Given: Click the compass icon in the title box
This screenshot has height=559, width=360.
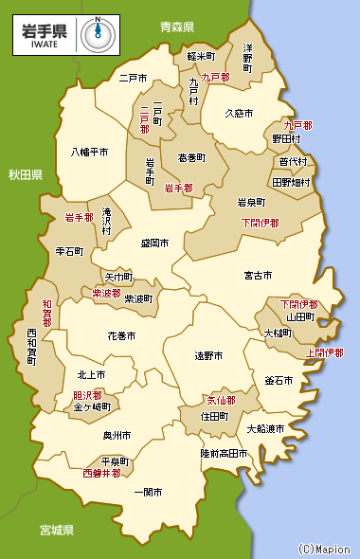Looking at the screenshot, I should pyautogui.click(x=94, y=34).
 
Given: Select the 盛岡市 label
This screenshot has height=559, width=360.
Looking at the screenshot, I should pyautogui.click(x=154, y=243).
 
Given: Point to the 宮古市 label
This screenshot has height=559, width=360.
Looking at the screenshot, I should pyautogui.click(x=259, y=276).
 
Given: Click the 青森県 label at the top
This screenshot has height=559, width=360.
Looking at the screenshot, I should pyautogui.click(x=176, y=27).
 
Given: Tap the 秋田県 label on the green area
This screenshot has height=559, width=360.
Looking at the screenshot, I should pyautogui.click(x=26, y=175).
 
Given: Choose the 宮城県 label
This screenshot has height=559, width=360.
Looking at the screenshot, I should pyautogui.click(x=57, y=529).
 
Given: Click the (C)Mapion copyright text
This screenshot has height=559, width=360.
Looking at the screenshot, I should pyautogui.click(x=322, y=549).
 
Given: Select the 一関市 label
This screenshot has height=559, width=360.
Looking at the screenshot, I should pyautogui.click(x=149, y=493).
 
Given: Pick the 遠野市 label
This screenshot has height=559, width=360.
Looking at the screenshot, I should pyautogui.click(x=208, y=356).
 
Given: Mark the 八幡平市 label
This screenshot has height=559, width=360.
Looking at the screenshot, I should pyautogui.click(x=89, y=152).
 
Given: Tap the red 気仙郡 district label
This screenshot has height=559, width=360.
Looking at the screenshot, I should pyautogui.click(x=220, y=400).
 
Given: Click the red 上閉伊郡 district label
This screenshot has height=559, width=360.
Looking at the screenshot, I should pyautogui.click(x=325, y=352).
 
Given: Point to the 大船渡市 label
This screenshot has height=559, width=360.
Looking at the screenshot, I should pyautogui.click(x=265, y=428).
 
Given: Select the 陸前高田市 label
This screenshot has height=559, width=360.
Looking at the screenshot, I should pyautogui.click(x=224, y=454).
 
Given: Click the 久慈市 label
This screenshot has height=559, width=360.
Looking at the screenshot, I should pyautogui.click(x=239, y=113).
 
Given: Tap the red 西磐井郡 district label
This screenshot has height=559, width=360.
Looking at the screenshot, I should pyautogui.click(x=101, y=472).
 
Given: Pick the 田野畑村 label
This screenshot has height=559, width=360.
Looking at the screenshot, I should pyautogui.click(x=291, y=181).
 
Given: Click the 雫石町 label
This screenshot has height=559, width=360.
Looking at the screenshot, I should pyautogui.click(x=70, y=252).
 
